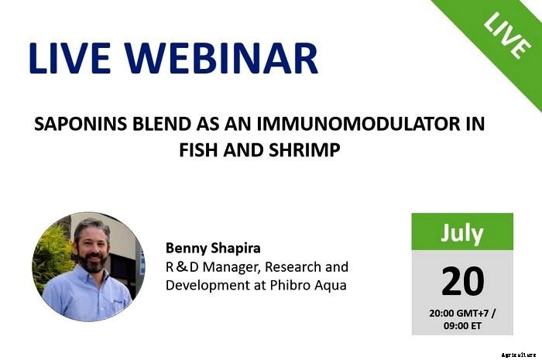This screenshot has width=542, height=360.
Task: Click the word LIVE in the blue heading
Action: point(69,59)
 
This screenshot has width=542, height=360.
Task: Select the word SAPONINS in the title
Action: point(76,123)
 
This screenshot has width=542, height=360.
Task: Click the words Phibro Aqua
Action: point(310,285)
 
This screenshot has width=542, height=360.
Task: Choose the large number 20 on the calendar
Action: point(462,280)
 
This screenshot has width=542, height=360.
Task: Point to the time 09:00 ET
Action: point(462,325)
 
